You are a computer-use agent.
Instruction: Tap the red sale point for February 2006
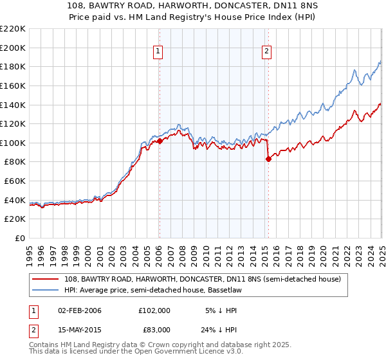click(x=160, y=141)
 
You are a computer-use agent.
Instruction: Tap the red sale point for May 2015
click(x=268, y=159)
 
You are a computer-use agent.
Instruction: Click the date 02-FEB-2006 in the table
click(x=80, y=310)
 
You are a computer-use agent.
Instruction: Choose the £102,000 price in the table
click(x=154, y=310)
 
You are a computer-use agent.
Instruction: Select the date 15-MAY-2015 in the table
click(x=80, y=329)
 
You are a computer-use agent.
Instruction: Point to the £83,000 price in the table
click(x=154, y=329)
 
